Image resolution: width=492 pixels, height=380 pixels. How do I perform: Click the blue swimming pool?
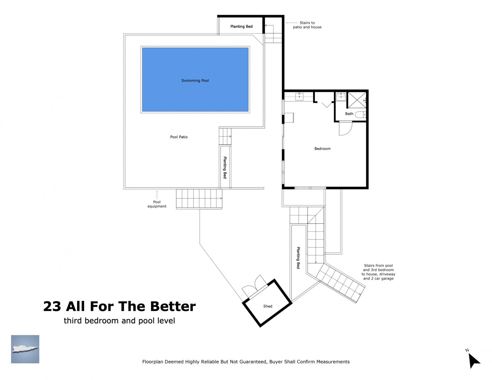tap(195, 80)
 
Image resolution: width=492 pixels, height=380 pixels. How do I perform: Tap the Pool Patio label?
tap(179, 137)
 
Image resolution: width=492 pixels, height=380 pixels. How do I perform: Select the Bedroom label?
tap(322, 149)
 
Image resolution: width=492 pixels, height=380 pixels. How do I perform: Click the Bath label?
tap(349, 114)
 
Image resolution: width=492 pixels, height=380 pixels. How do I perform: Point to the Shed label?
tap(267, 306)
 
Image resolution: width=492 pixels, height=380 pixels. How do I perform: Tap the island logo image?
tap(25, 349)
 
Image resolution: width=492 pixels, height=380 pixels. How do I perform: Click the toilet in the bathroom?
tap(360, 114)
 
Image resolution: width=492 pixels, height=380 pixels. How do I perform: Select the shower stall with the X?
tap(357, 100)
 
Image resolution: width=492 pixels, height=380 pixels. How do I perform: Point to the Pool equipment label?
tap(157, 204)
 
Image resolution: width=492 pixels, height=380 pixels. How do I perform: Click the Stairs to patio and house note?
tap(307, 25)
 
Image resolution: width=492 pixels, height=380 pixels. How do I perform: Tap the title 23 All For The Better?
tap(119, 306)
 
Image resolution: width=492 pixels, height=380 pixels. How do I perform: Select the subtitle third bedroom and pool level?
tap(119, 321)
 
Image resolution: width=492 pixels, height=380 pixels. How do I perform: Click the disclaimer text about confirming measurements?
tap(246, 362)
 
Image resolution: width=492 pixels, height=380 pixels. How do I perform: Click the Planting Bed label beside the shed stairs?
tap(298, 258)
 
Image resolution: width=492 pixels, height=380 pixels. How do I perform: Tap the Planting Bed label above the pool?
tap(241, 26)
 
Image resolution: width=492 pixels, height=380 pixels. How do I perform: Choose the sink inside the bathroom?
tap(341, 96)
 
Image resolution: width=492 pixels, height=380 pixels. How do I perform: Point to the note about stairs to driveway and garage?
tap(378, 272)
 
